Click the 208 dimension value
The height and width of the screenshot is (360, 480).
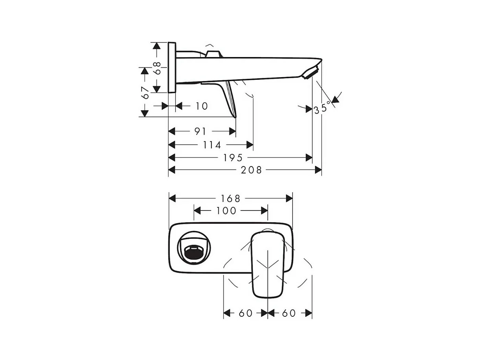(x=251, y=170)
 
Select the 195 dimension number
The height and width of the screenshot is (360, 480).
(x=233, y=158)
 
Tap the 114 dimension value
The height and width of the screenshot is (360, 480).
(x=212, y=145)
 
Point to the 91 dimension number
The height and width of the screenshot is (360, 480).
(x=200, y=131)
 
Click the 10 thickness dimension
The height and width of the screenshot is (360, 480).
(x=201, y=106)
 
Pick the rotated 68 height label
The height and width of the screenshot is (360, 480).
(x=157, y=68)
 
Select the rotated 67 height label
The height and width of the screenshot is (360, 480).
(x=145, y=93)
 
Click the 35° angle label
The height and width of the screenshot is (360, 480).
(x=322, y=108)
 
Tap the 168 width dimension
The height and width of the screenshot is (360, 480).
(x=230, y=199)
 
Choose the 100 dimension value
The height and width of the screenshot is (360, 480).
(x=226, y=211)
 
